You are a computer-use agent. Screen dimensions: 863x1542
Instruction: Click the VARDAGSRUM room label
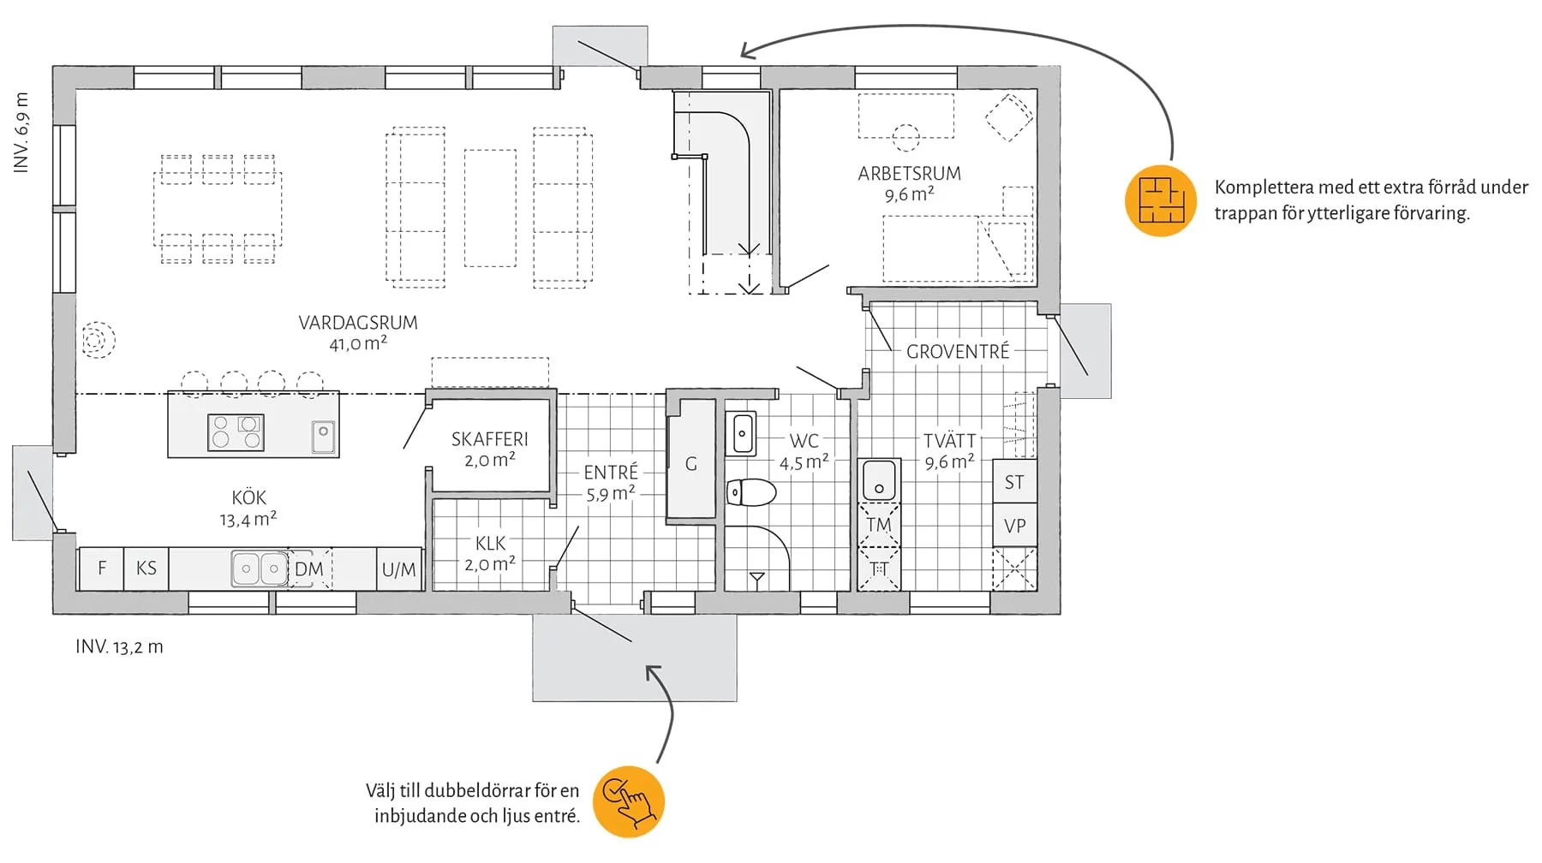358,323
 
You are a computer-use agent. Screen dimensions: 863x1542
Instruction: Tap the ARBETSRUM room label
909,174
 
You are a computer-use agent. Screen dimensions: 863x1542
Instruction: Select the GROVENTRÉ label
958,351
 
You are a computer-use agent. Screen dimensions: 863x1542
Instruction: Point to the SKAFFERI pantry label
489,439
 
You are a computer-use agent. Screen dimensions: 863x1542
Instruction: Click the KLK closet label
490,543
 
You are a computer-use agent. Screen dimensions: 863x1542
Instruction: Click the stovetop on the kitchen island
236,432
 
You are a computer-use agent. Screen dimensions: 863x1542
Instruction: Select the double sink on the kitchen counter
260,568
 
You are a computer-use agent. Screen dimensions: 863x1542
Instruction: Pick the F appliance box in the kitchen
102,568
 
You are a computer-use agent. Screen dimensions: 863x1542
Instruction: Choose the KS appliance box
146,568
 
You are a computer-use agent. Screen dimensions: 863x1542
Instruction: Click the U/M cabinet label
398,569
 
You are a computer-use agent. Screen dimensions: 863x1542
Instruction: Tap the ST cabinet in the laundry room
1014,482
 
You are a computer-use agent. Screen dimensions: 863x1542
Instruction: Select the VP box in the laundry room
1014,526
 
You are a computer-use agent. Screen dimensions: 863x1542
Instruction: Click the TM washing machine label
878,525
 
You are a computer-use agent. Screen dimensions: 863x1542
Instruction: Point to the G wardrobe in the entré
691,464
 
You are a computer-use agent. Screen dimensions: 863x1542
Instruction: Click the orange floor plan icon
1160,200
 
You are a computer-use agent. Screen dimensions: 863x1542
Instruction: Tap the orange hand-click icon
629,801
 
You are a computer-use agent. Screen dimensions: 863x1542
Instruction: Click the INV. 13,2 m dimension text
119,647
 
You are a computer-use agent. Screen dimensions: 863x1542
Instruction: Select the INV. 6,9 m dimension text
21,133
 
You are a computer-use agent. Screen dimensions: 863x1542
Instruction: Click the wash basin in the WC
742,434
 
